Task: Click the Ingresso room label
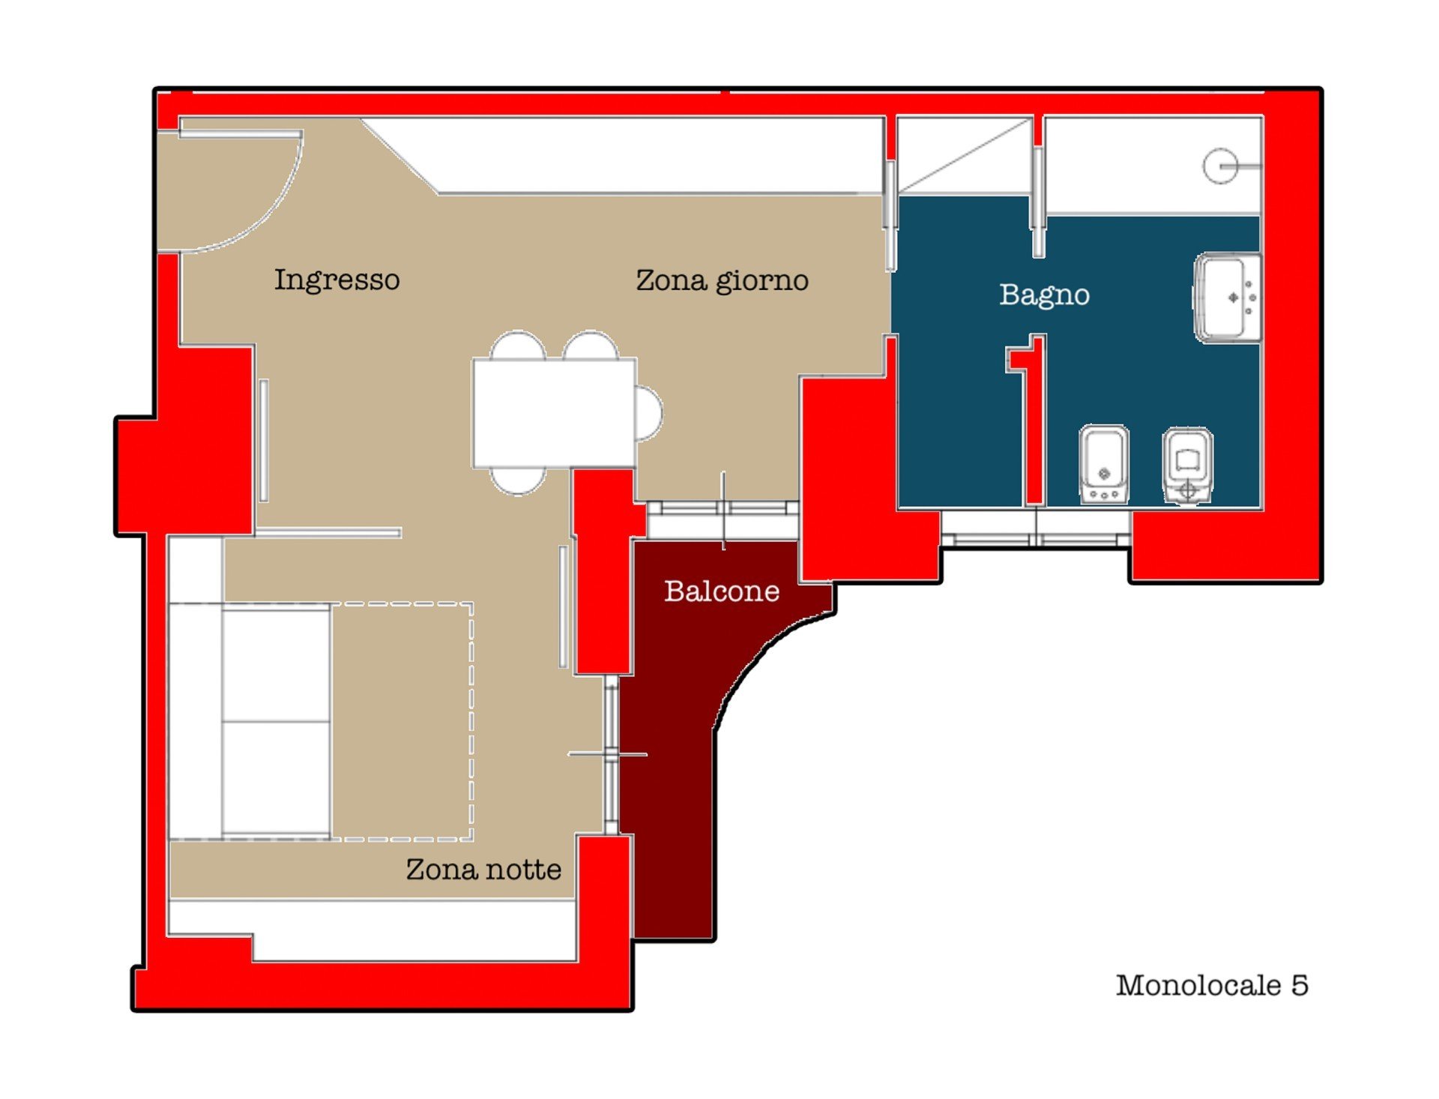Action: [337, 280]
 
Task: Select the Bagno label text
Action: [1044, 295]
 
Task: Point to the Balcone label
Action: [722, 591]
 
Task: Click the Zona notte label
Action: [483, 870]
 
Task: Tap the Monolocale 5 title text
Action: [1212, 985]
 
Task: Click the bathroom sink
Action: [1228, 298]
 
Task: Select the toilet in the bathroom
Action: [1187, 466]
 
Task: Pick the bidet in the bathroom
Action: [1104, 464]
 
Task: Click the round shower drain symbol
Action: [1220, 166]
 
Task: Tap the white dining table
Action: [554, 412]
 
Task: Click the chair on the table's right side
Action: [649, 412]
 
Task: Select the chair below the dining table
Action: [518, 481]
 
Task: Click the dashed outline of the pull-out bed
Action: [471, 720]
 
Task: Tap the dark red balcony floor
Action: [675, 750]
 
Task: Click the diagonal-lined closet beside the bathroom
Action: [965, 155]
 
